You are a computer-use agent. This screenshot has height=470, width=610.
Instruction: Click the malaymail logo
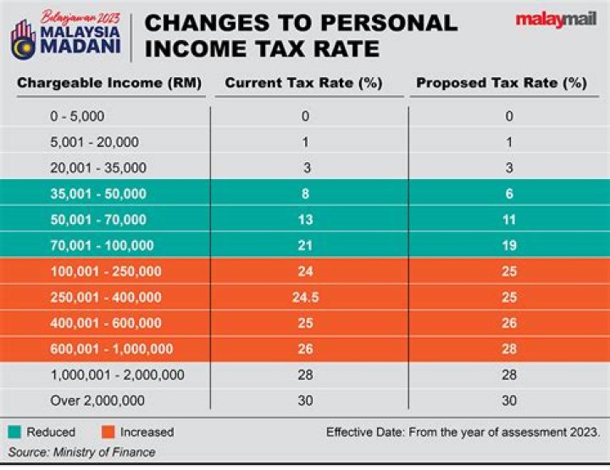click(556, 20)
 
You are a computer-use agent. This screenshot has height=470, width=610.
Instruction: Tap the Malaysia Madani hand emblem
click(24, 36)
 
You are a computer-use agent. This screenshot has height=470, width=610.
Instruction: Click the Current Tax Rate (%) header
click(303, 83)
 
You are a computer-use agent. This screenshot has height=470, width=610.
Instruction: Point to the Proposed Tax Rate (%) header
click(501, 83)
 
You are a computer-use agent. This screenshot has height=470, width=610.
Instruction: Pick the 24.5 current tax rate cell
click(304, 297)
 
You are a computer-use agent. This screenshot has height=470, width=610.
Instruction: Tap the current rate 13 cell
click(304, 220)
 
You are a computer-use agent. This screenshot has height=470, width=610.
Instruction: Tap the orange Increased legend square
click(108, 432)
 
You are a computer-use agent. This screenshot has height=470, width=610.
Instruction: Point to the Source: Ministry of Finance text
click(82, 452)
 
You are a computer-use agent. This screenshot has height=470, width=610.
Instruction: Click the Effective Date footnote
click(463, 432)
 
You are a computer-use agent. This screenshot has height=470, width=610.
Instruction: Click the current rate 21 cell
click(304, 245)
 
